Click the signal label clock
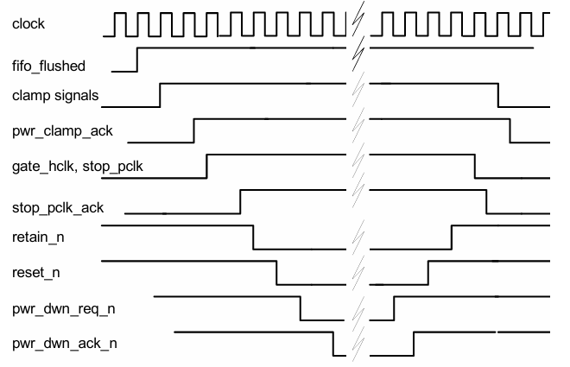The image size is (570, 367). (x=28, y=23)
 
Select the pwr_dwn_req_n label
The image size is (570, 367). (x=58, y=307)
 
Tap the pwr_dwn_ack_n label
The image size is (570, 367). (x=59, y=343)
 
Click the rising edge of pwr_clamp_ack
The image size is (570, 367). (x=193, y=130)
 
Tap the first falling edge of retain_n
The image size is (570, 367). (x=253, y=237)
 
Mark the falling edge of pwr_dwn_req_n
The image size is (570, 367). (x=301, y=307)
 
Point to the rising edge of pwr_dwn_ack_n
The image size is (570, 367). (x=414, y=343)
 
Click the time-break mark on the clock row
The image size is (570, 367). (x=357, y=23)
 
